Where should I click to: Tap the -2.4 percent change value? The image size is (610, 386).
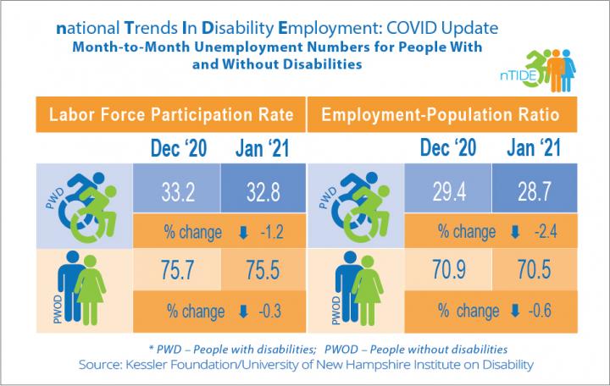pyautogui.click(x=534, y=231)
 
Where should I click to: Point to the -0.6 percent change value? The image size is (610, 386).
pyautogui.click(x=534, y=310)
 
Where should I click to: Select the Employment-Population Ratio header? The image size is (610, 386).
pyautogui.click(x=441, y=113)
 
